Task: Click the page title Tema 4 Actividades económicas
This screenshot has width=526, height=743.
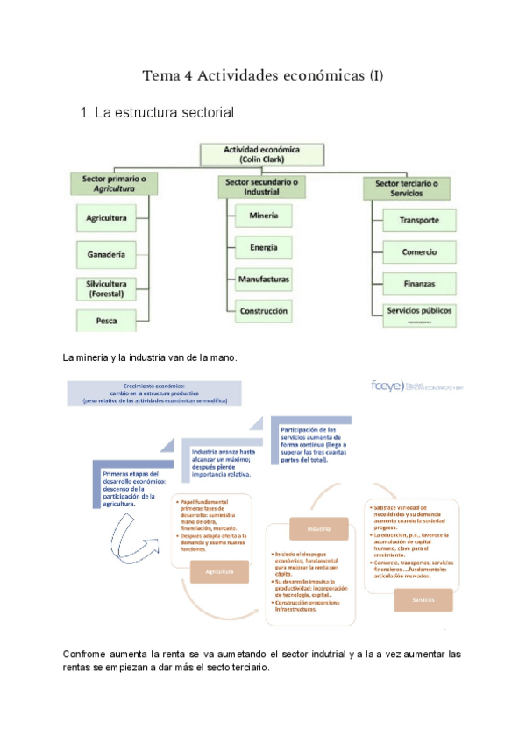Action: (x=263, y=76)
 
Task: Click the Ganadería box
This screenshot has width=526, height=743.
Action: (x=106, y=255)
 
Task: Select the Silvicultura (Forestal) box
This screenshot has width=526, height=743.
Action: (x=106, y=288)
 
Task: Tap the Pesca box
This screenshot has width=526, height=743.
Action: (x=107, y=321)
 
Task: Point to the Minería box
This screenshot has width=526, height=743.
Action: (x=263, y=215)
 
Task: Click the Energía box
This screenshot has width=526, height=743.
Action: (x=263, y=247)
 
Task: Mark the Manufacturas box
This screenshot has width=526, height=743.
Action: (x=263, y=280)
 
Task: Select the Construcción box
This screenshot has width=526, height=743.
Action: (x=263, y=311)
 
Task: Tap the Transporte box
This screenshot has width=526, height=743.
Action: (x=418, y=220)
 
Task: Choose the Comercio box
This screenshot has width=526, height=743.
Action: (x=418, y=252)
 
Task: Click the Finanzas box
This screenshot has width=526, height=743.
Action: (x=418, y=284)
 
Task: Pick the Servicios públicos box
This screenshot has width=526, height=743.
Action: (x=418, y=313)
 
